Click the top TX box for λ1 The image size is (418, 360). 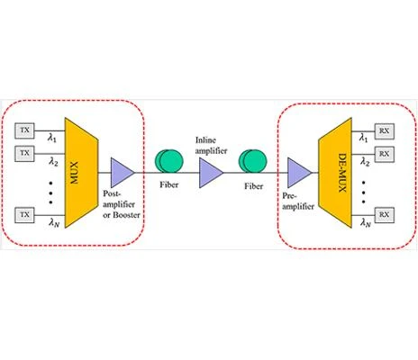(24, 130)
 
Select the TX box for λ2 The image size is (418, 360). (24, 154)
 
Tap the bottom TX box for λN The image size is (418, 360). (24, 215)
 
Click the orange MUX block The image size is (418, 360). (81, 173)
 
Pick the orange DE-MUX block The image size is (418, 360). (335, 173)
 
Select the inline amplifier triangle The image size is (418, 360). (211, 173)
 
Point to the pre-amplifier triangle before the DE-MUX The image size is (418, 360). (299, 173)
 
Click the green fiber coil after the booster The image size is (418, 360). (169, 161)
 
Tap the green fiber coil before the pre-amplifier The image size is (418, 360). (252, 161)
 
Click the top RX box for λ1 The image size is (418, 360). (385, 131)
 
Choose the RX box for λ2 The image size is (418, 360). (385, 154)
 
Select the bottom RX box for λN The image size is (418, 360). (385, 215)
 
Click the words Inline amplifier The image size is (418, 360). (211, 146)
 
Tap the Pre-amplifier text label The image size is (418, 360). (298, 202)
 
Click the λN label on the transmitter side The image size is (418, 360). (54, 223)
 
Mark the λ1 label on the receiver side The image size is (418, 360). (364, 138)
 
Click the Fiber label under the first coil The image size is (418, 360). (169, 184)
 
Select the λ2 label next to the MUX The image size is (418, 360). (53, 162)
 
